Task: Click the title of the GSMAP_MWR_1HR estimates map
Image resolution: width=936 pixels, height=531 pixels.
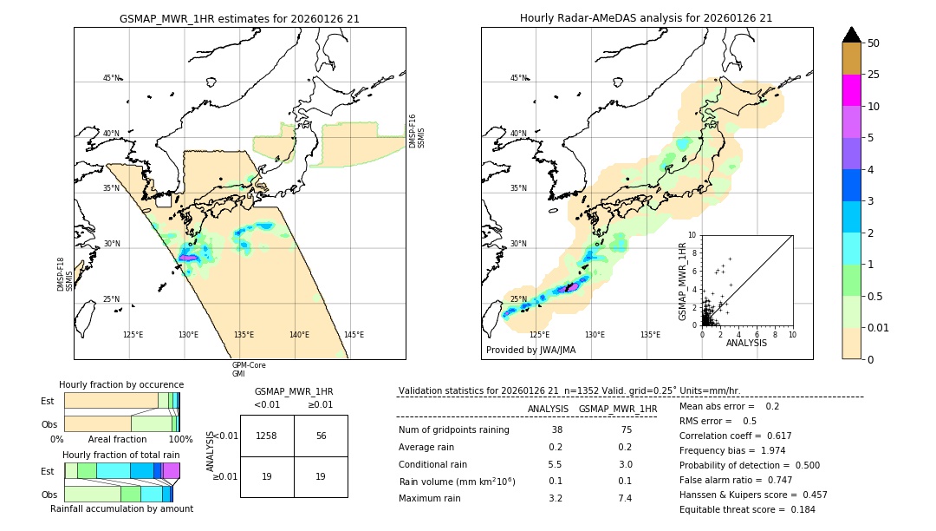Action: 239,18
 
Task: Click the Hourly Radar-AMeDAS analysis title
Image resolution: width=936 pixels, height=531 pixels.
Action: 646,18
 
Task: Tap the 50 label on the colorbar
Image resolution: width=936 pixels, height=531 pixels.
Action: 874,43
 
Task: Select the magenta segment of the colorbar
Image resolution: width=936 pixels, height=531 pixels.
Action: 852,90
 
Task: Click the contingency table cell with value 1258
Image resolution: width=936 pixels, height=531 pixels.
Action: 267,436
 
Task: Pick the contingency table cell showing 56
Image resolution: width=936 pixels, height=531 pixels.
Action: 321,436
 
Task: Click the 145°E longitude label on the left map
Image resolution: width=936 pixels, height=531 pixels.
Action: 354,335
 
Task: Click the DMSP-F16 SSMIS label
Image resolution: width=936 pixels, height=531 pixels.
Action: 417,131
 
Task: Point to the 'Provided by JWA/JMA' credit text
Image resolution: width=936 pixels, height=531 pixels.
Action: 530,351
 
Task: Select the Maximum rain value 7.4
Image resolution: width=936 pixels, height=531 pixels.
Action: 623,498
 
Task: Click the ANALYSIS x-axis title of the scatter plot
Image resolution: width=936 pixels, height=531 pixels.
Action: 746,343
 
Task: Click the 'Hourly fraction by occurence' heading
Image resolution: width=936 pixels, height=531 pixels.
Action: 121,384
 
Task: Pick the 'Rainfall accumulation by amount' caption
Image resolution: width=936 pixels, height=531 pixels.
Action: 121,508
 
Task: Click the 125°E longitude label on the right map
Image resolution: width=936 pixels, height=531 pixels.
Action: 539,335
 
